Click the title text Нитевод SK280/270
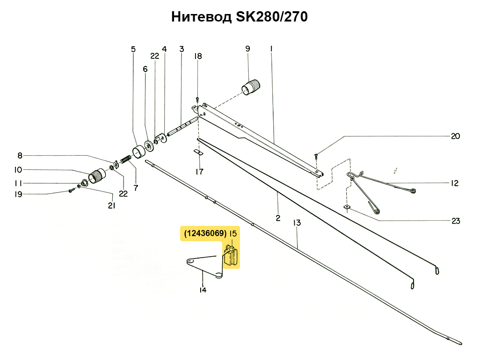(239, 17)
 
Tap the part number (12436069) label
(205, 234)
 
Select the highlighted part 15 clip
(231, 256)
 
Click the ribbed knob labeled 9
(251, 87)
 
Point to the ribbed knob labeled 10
(97, 176)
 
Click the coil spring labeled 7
(126, 159)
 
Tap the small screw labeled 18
(197, 99)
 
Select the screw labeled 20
(316, 156)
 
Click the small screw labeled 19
(71, 191)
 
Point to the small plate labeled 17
(198, 152)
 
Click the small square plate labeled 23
(347, 207)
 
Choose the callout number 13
(297, 223)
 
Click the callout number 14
(203, 290)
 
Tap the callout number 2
(278, 218)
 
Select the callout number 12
(455, 183)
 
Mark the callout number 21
(111, 206)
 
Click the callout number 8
(20, 156)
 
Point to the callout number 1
(271, 49)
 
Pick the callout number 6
(145, 69)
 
